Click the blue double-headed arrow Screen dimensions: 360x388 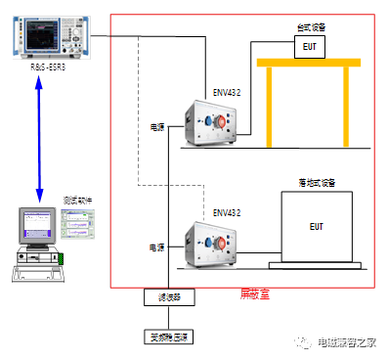coord(40,136)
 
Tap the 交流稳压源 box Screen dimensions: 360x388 coord(169,337)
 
